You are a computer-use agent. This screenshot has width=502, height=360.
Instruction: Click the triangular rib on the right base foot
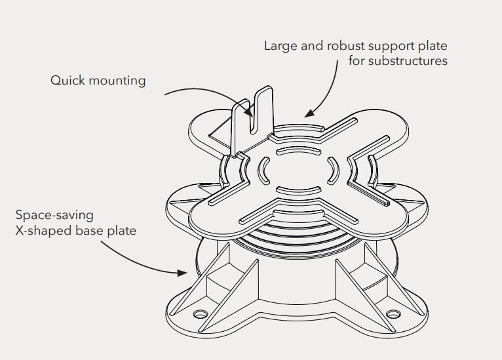[357, 282]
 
